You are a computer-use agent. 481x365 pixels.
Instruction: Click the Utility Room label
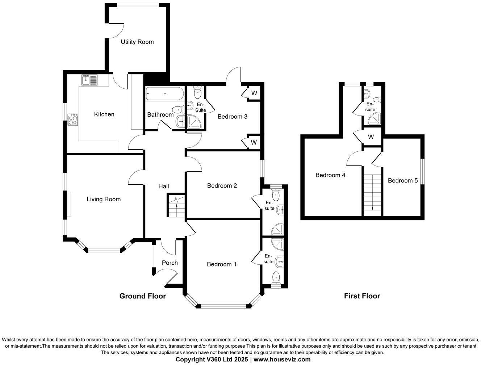pos(137,42)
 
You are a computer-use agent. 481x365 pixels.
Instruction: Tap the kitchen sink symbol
pos(89,80)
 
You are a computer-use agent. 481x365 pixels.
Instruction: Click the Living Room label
pos(104,199)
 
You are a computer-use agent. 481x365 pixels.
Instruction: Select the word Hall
pos(164,186)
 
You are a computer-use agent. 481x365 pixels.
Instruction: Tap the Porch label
pos(170,263)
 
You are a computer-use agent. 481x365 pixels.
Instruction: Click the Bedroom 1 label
pos(221,264)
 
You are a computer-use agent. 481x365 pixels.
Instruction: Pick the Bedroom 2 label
pos(222,186)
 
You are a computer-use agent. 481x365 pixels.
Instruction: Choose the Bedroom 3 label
pos(232,117)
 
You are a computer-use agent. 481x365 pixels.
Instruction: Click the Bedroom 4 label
pos(330,175)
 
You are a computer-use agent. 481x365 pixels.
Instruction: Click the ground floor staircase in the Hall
pos(176,206)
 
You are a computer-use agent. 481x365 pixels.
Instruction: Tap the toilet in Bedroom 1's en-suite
pos(277,278)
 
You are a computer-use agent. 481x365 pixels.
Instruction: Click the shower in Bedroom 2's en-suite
pos(277,229)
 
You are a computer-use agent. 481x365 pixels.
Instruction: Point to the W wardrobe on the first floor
pos(371,137)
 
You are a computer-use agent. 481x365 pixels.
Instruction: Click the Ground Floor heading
pos(143,296)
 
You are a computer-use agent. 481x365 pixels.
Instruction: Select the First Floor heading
pos(362,296)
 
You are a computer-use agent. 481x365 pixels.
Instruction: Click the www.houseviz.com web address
pos(282,360)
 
